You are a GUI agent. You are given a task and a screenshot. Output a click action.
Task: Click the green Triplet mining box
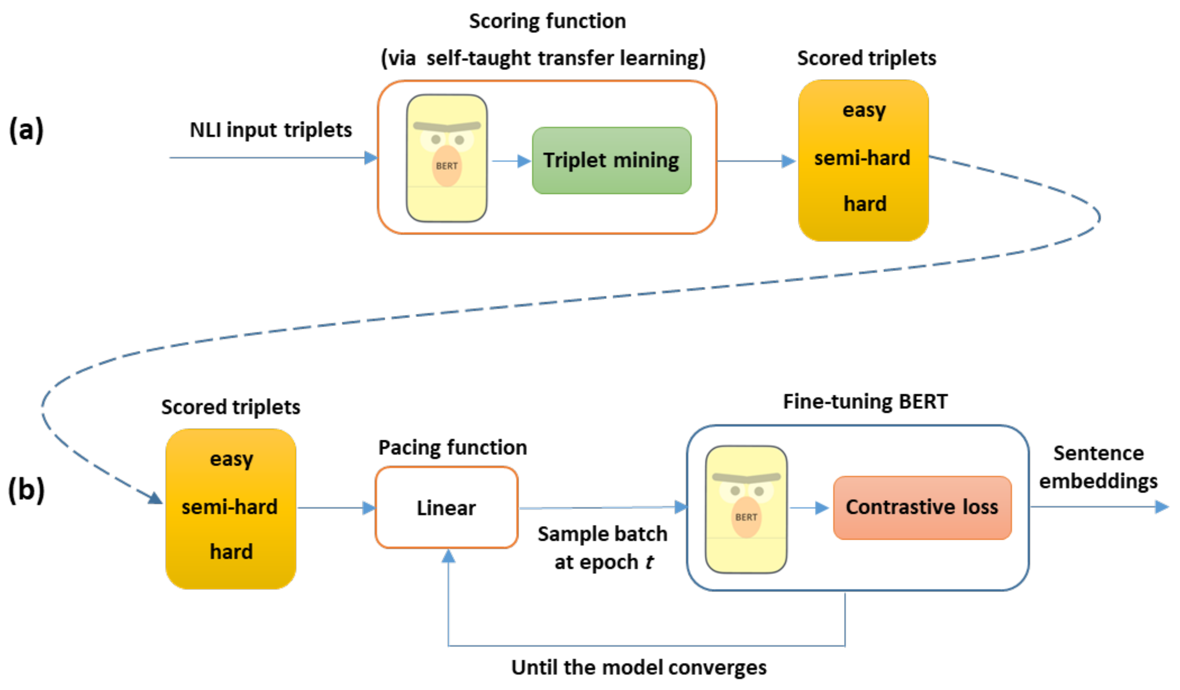click(x=611, y=161)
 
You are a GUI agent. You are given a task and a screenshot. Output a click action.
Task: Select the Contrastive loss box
click(x=922, y=507)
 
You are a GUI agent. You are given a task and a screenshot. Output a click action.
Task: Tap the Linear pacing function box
click(x=446, y=507)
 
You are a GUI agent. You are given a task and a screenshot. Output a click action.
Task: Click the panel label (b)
click(x=26, y=490)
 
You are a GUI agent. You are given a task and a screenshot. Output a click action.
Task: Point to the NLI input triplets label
click(x=271, y=130)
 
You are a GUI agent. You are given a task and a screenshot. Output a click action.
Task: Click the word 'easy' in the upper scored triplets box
click(x=864, y=110)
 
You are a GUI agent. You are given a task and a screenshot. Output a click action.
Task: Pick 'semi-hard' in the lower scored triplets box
click(x=230, y=507)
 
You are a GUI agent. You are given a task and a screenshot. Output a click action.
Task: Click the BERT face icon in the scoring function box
click(x=446, y=158)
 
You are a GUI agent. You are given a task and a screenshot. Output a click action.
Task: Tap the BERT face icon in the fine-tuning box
click(x=746, y=509)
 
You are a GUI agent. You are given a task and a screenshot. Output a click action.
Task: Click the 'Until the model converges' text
click(x=639, y=667)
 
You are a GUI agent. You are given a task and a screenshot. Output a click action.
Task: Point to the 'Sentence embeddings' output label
click(x=1098, y=467)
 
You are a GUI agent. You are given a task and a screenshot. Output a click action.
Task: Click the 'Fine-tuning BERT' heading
click(x=865, y=401)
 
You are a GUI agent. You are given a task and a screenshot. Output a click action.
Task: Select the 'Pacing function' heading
click(x=452, y=447)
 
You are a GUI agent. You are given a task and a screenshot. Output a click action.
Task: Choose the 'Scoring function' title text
click(x=547, y=21)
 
